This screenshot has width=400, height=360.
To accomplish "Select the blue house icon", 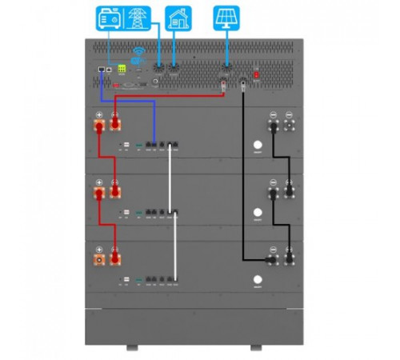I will click(177, 18).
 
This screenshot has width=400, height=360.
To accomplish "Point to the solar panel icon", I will click(226, 18).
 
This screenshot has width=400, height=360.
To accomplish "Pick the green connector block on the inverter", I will click(122, 69).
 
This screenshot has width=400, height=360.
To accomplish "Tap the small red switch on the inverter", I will click(255, 75).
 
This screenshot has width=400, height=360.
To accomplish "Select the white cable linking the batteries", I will click(170, 208).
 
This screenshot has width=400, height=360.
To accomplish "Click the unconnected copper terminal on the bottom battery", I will click(99, 259).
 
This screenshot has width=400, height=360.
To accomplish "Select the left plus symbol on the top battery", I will click(98, 115).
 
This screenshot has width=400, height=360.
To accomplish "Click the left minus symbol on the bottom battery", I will click(273, 249).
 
